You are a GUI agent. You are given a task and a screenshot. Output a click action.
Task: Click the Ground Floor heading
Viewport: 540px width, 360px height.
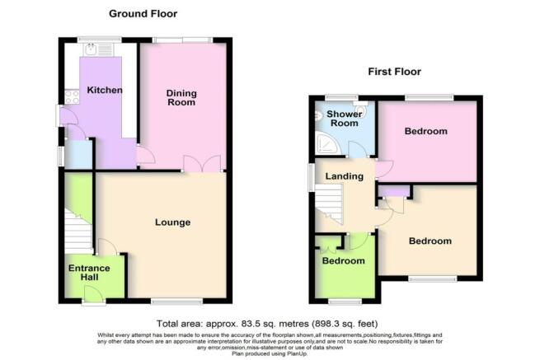coord(143,14)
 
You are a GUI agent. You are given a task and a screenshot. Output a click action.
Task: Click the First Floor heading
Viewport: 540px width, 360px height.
coord(394,72)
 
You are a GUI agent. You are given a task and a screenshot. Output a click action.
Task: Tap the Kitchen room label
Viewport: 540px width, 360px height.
coord(105,90)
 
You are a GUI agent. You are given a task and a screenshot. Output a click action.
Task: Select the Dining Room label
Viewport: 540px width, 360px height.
coord(181,98)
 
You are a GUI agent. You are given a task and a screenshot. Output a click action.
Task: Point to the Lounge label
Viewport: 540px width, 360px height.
coord(172,222)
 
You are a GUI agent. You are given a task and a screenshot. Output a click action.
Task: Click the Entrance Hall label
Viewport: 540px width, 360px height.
coord(89,273)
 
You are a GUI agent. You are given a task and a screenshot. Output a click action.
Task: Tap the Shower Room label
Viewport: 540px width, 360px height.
coord(345,119)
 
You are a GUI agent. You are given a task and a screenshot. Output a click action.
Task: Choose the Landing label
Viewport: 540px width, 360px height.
coord(345,176)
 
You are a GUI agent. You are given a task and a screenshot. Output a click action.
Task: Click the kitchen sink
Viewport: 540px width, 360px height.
coord(91,49)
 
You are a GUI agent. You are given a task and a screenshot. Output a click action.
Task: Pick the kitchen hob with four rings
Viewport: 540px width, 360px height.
coord(72,96)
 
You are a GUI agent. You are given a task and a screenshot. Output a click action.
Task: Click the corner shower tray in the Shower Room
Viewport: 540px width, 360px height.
coord(328,143)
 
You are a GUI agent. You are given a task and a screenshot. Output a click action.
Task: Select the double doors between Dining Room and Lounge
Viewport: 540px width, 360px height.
coord(202,163)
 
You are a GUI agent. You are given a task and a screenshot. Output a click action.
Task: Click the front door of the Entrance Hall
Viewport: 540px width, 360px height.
coord(94,295)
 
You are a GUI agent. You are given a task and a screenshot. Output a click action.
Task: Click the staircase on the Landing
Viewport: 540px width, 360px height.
coord(329,203)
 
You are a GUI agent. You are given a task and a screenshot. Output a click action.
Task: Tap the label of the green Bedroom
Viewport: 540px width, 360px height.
coord(343,261)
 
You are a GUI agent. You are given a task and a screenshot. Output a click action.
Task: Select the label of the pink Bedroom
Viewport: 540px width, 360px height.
coord(426,131)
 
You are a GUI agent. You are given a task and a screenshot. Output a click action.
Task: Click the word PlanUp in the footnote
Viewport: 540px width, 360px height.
coord(297,353)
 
